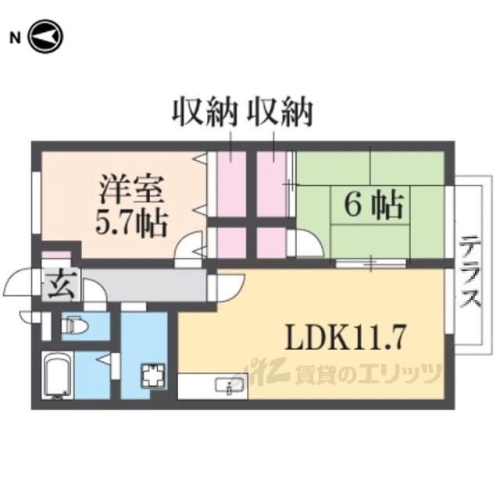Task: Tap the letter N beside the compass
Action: pyautogui.click(x=14, y=36)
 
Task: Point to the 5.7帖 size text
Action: pyautogui.click(x=131, y=223)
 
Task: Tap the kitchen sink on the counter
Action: pyautogui.click(x=227, y=385)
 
